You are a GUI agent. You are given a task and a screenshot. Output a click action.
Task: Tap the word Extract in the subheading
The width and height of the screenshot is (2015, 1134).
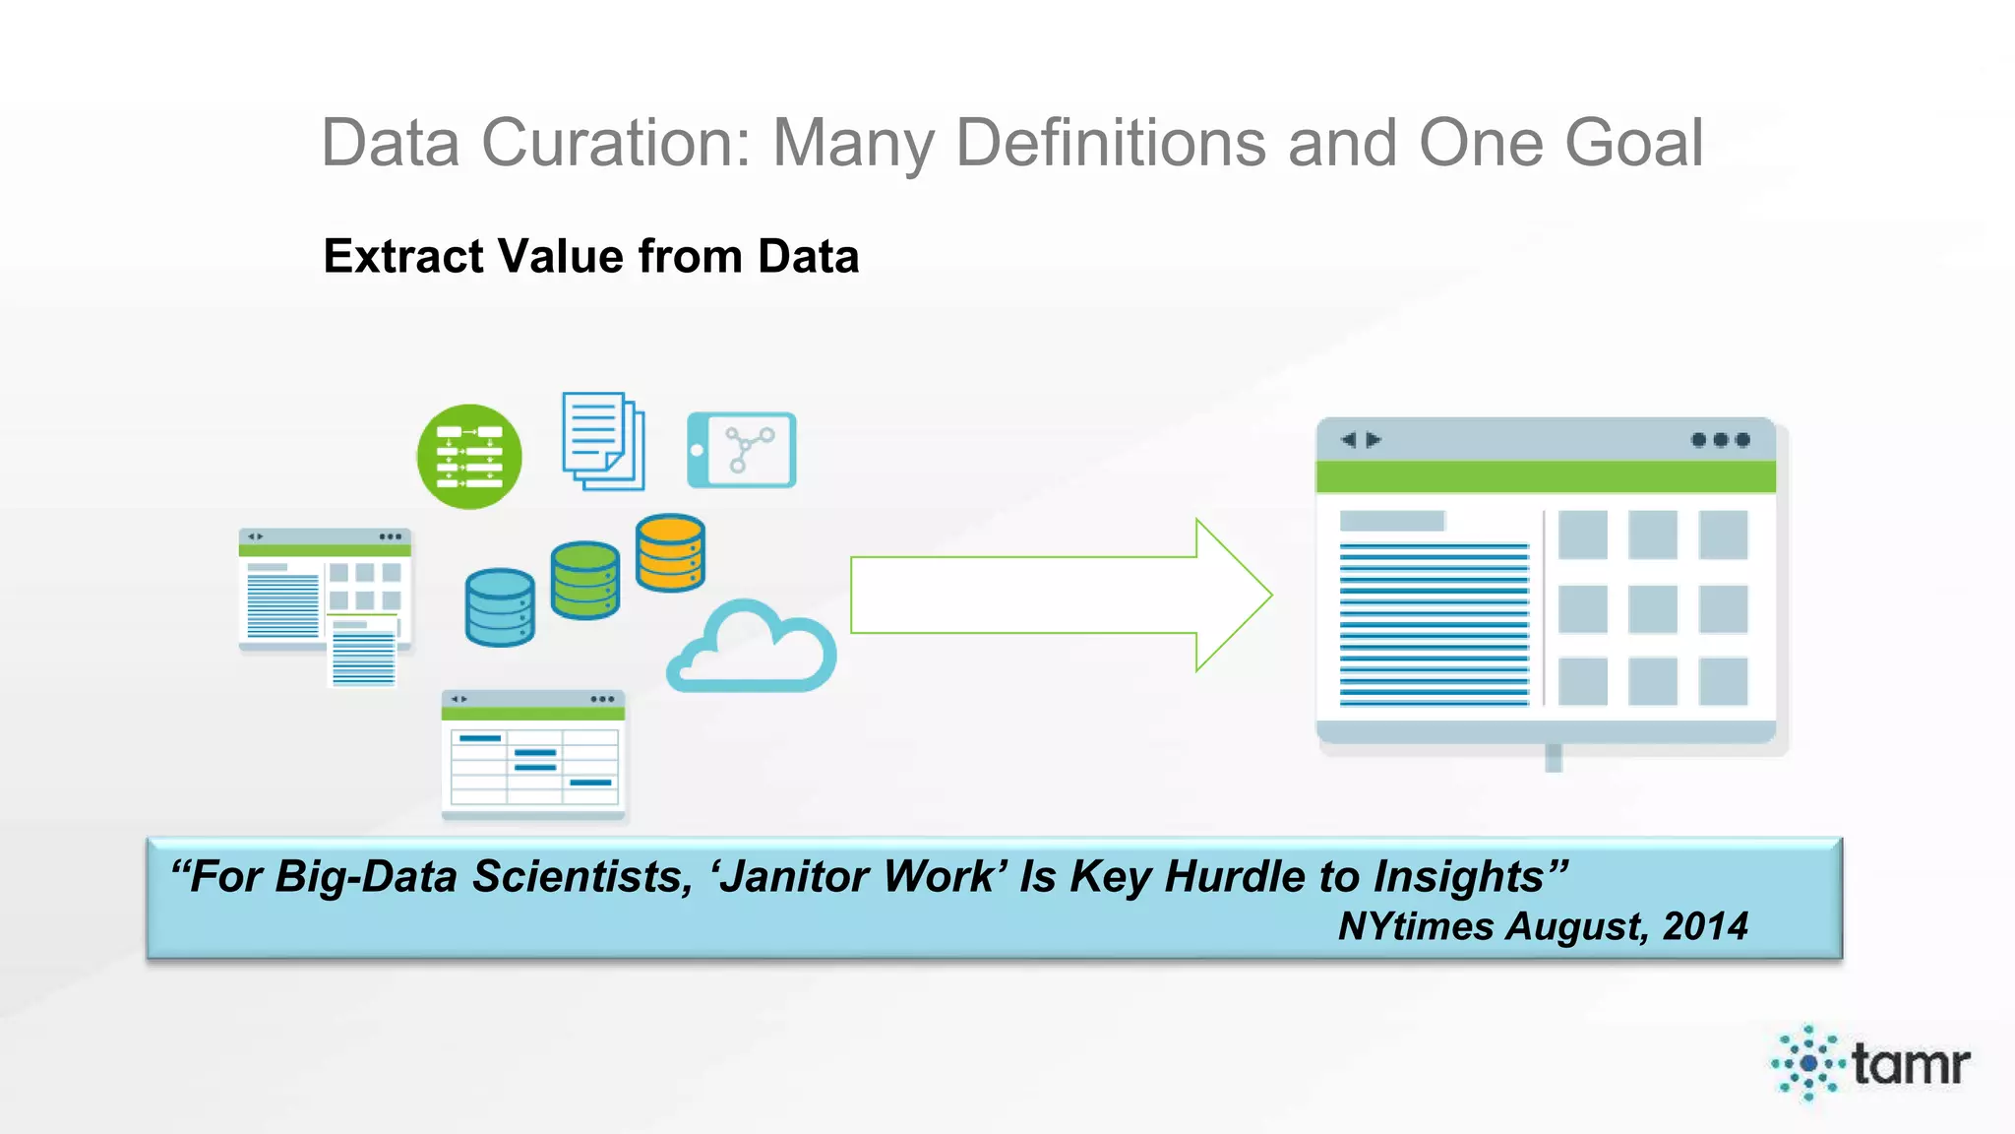(403, 257)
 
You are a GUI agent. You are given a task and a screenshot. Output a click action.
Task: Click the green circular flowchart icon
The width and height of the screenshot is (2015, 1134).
(469, 457)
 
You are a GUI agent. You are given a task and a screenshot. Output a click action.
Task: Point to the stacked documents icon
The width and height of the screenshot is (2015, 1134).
(603, 441)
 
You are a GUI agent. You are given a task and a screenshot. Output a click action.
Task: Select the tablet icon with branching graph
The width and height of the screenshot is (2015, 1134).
(742, 450)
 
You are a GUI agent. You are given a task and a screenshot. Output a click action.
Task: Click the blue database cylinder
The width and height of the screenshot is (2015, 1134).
(500, 607)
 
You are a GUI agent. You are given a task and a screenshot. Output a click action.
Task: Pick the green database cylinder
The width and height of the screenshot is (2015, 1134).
(585, 580)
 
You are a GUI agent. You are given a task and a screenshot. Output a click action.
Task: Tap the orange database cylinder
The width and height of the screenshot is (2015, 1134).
(670, 552)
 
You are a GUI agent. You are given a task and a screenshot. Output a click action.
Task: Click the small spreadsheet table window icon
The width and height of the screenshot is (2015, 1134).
(533, 755)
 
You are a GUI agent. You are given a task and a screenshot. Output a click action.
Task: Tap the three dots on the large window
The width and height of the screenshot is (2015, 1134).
(1721, 440)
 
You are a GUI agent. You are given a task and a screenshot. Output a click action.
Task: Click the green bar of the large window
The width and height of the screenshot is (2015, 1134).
(1546, 477)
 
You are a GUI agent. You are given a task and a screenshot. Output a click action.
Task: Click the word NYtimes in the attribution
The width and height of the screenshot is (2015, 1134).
(1416, 926)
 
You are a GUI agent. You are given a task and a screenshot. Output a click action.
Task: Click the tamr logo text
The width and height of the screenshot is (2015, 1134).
(1911, 1064)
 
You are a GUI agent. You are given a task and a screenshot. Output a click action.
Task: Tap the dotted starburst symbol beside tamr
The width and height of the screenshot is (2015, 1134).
(1808, 1063)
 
